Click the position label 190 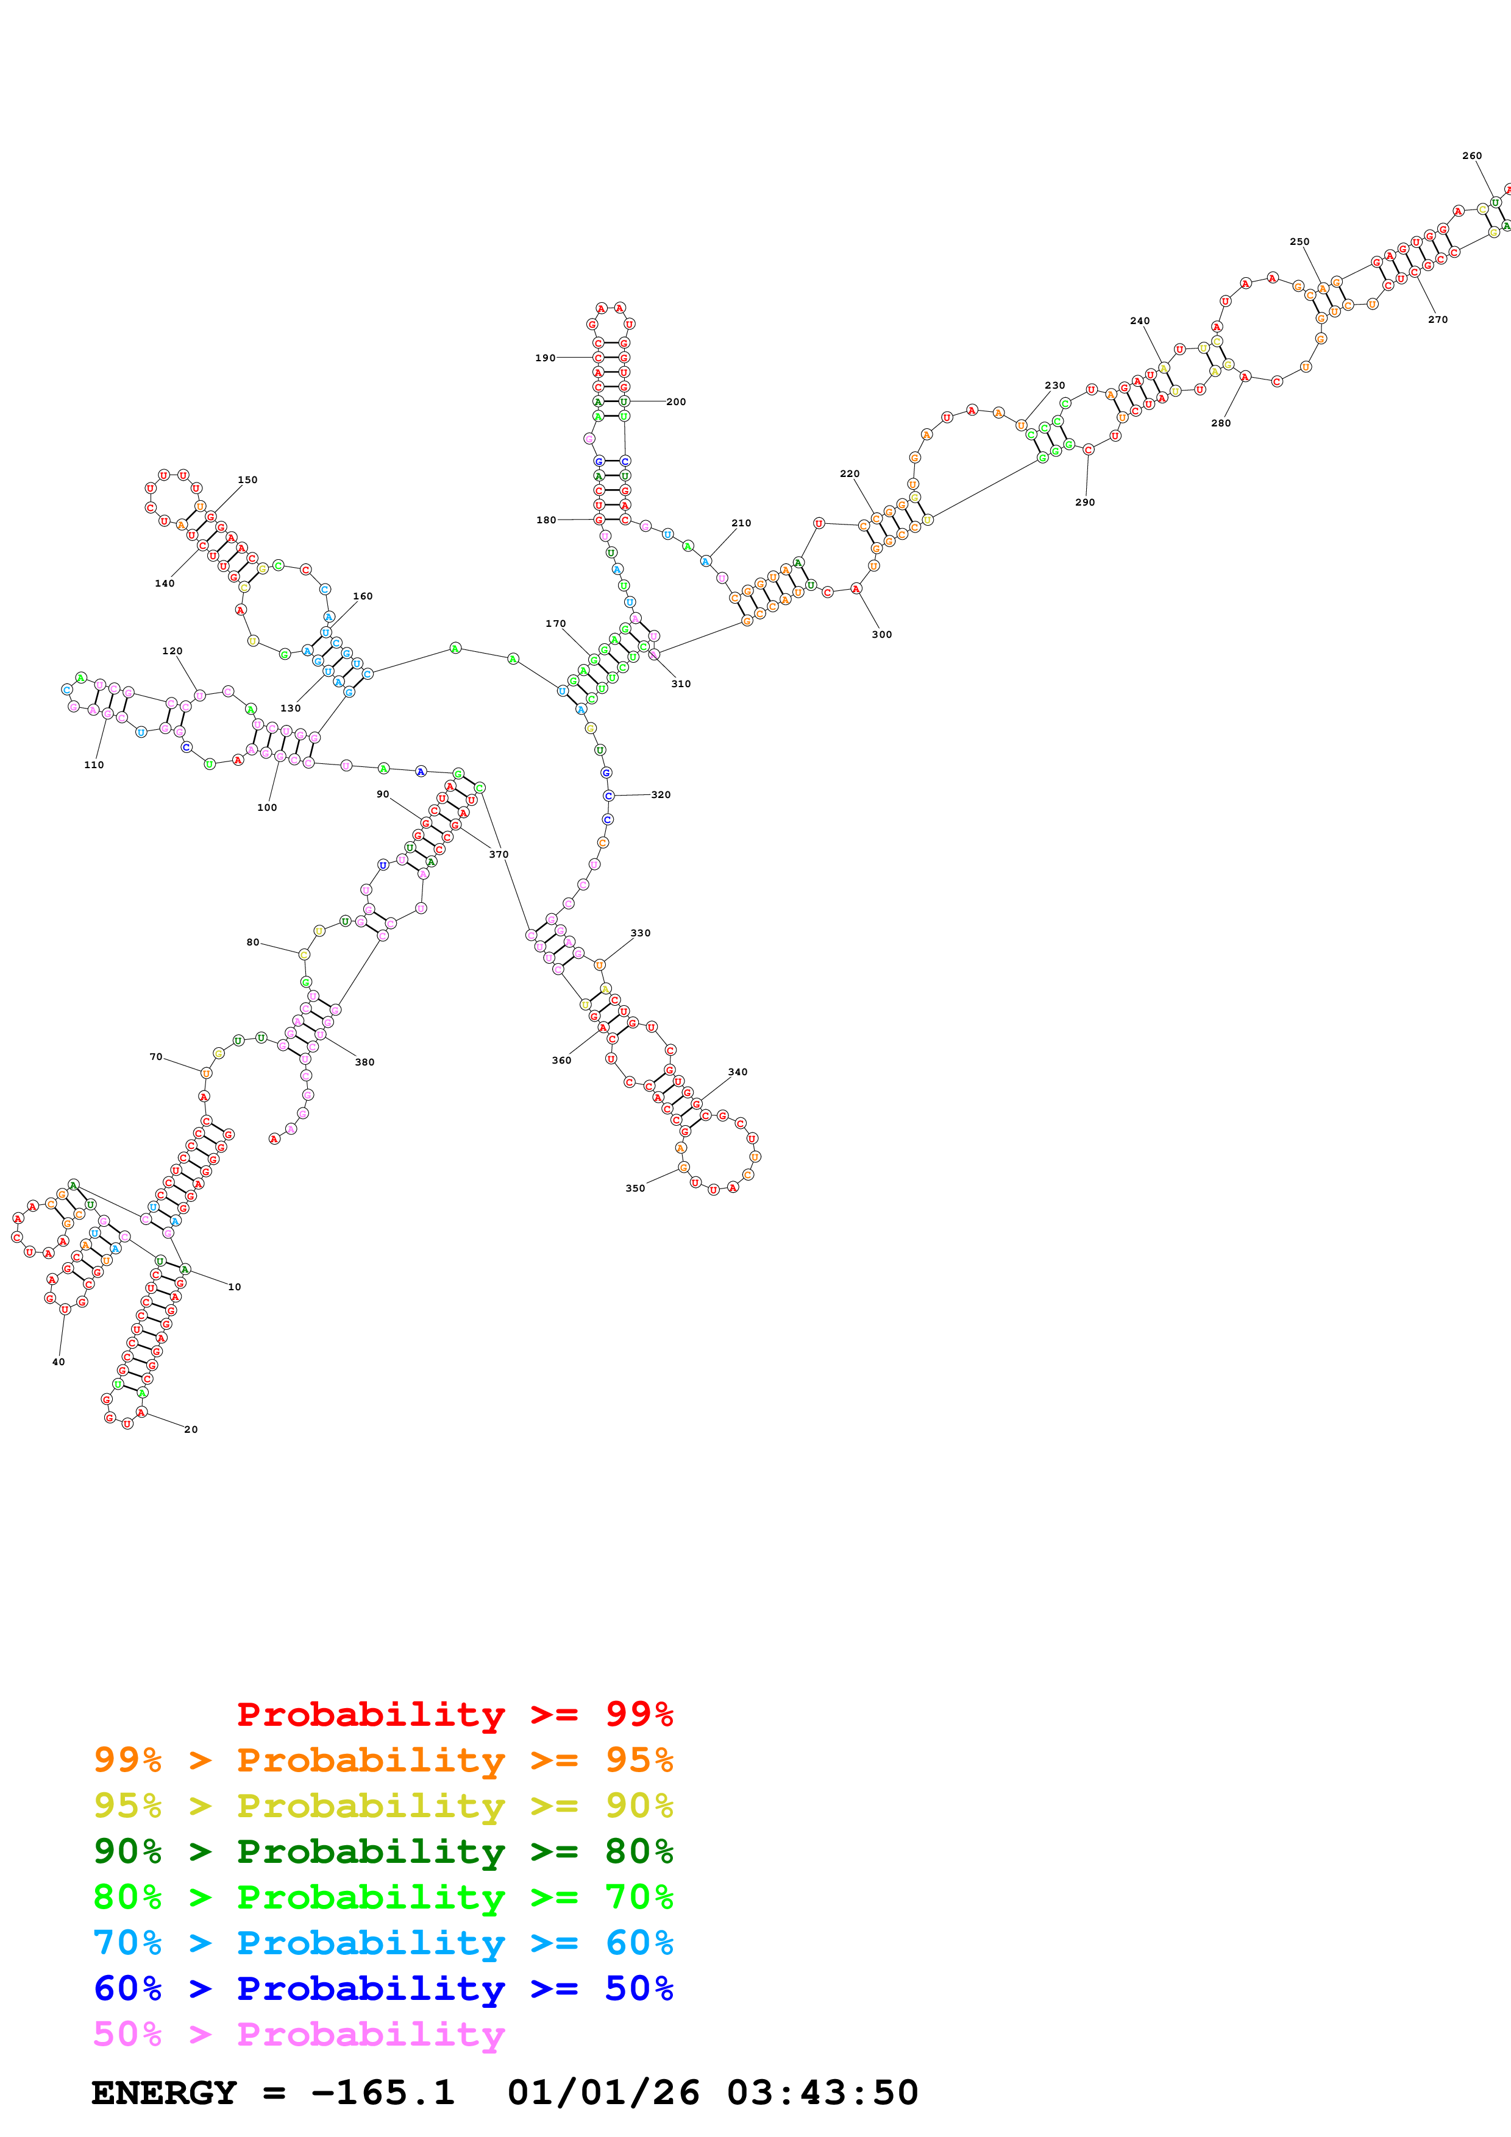point(545,358)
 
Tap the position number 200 point(676,402)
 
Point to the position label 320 point(660,795)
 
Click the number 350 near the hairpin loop point(635,1189)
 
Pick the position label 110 point(94,765)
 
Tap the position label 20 point(191,1430)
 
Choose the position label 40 point(59,1362)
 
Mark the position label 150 point(247,480)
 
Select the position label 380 point(365,1062)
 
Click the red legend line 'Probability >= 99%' point(454,1714)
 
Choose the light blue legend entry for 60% point(383,1943)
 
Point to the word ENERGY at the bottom point(164,2093)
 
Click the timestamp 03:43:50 point(822,2093)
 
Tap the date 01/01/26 point(603,2093)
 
